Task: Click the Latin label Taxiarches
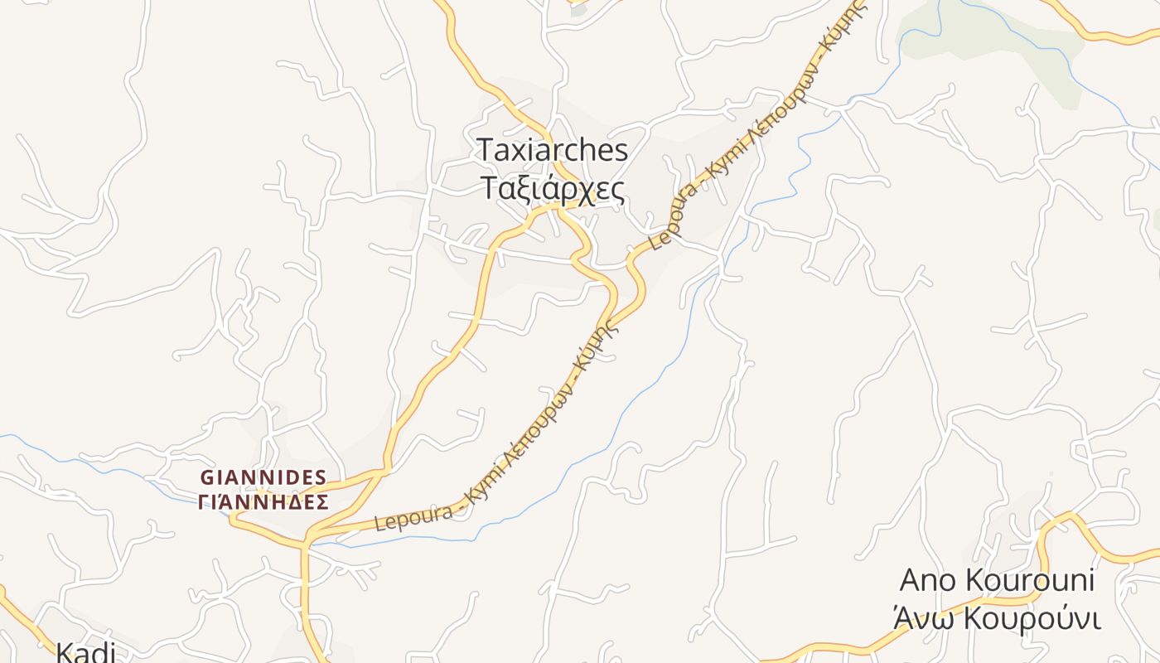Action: coord(553,151)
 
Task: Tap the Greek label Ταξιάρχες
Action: coord(553,189)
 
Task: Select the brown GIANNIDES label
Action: coord(263,477)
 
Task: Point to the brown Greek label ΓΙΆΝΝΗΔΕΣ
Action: coord(263,501)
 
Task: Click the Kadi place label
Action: coord(85,652)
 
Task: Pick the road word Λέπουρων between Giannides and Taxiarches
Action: coord(545,413)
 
